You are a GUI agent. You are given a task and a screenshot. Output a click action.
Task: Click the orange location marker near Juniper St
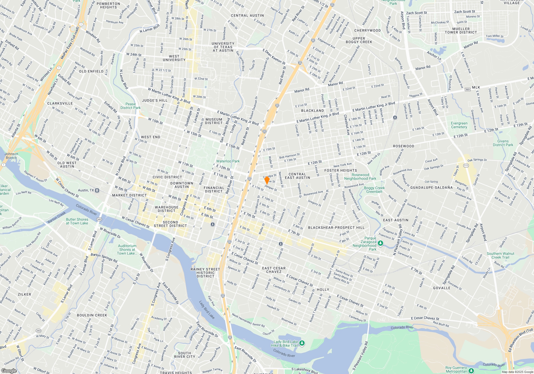tap(266, 180)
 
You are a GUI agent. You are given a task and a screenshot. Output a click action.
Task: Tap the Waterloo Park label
tap(228, 161)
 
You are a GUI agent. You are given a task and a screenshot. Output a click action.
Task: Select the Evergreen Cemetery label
tap(459, 125)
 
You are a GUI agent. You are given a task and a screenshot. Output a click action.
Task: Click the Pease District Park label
tap(130, 106)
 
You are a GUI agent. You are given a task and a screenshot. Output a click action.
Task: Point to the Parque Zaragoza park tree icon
tap(380, 243)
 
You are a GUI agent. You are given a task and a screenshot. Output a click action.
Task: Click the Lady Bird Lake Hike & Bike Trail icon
tap(302, 343)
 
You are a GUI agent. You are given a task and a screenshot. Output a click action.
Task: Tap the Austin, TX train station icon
tap(97, 190)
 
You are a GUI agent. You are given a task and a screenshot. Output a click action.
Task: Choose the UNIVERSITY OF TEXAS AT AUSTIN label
tap(223, 47)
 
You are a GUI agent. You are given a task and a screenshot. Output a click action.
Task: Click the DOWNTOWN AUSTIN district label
tap(182, 185)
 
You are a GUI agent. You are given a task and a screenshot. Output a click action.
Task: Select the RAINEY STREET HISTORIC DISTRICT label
tap(205, 273)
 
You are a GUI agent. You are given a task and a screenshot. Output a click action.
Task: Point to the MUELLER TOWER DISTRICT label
tap(461, 30)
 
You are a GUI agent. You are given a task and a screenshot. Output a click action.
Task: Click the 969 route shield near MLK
tap(468, 89)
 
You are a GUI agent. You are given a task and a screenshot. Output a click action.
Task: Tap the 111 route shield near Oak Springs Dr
tap(466, 166)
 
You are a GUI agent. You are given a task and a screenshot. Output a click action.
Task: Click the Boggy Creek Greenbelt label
tap(374, 190)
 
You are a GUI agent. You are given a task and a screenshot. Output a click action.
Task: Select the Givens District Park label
tap(503, 143)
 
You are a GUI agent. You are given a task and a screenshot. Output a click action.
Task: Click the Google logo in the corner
tap(9, 371)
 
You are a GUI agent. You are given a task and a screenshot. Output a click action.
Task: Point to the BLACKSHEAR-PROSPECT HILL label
tap(336, 228)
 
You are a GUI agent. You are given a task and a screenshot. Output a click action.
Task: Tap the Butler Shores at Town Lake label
tap(77, 221)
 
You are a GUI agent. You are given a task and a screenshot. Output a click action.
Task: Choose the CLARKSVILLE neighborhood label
tap(60, 103)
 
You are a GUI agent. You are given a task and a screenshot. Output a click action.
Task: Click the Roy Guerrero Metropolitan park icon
tap(471, 370)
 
